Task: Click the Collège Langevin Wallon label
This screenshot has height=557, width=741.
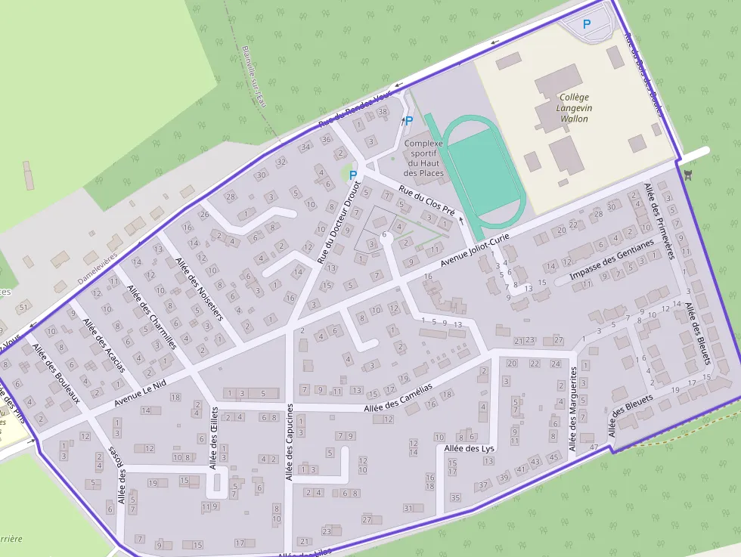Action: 575,108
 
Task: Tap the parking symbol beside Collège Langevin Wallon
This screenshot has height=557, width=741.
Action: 587,24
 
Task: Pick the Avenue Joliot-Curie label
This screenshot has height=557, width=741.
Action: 476,251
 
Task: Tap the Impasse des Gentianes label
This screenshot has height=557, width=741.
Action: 611,260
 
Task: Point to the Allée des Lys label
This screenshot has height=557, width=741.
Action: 470,448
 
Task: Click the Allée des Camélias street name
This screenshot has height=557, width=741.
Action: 398,397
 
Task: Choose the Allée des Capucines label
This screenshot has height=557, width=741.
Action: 290,441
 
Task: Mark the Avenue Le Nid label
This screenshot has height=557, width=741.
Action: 140,392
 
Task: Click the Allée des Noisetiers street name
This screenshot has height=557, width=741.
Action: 199,289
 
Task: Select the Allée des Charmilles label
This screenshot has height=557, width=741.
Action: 151,316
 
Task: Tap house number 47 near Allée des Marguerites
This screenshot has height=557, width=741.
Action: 594,447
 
